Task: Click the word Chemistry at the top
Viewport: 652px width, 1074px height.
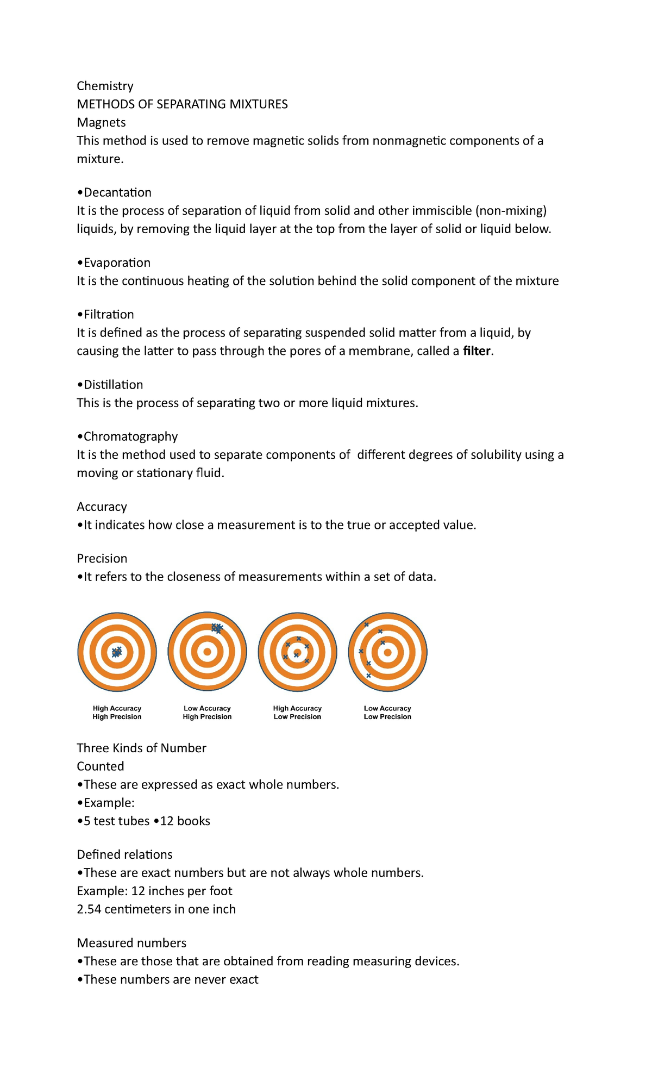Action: click(105, 86)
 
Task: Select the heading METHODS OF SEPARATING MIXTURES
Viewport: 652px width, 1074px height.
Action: click(182, 104)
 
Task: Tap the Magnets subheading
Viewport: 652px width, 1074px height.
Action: click(101, 122)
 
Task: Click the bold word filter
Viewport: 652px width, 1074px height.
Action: click(477, 351)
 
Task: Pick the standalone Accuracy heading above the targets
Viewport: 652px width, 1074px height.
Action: click(102, 507)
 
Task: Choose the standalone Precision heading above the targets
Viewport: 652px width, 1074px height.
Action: click(102, 559)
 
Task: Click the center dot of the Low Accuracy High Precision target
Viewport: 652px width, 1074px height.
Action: click(207, 652)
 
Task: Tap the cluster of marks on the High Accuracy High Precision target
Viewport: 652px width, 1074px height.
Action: click(116, 652)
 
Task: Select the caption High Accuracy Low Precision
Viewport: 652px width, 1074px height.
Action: click(297, 713)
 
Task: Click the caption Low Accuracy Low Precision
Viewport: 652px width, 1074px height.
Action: click(387, 713)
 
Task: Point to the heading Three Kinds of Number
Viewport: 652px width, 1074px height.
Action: click(141, 748)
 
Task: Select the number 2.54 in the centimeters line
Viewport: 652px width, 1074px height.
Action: click(89, 909)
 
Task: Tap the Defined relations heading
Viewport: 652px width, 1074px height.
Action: click(124, 855)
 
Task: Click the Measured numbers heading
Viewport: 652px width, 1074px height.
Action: click(131, 943)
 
